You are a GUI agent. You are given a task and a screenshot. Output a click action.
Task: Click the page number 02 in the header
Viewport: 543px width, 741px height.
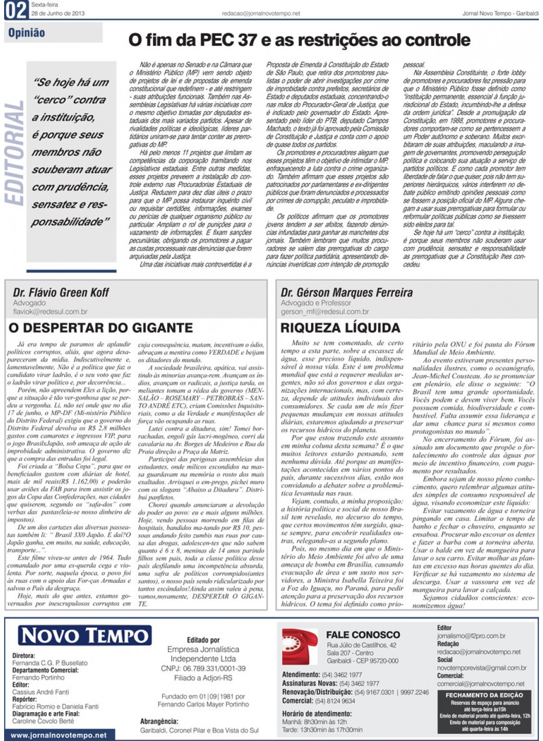coord(15,10)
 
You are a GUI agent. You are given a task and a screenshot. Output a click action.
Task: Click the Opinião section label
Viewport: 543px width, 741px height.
coord(27,33)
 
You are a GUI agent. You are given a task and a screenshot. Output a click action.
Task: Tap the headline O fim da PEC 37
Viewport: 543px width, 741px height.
coord(299,40)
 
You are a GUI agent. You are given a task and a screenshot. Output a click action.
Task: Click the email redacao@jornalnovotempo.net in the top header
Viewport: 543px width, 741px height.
coord(261,14)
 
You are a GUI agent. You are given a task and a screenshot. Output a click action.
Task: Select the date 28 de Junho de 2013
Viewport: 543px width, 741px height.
coord(58,13)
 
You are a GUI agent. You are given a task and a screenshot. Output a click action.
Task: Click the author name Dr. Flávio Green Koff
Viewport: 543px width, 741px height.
coord(61,292)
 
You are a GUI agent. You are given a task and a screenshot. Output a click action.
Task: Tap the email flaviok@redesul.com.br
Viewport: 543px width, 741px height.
coord(50,311)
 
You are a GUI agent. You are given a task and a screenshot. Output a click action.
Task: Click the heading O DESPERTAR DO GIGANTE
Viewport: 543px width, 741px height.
coord(101,328)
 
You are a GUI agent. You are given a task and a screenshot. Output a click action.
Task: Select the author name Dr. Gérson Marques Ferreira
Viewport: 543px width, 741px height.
coord(346,292)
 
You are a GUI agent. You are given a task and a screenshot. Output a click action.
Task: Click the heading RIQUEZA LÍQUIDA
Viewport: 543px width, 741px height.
coord(340,328)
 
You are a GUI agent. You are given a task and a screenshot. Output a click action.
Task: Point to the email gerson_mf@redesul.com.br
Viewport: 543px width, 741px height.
coord(324,311)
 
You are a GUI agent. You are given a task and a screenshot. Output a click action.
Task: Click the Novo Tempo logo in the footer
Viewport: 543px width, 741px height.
coord(85,636)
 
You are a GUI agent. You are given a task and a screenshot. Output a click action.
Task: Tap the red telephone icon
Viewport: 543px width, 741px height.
coord(300,646)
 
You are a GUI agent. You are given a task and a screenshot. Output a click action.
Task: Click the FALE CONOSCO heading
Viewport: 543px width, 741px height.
coord(363,635)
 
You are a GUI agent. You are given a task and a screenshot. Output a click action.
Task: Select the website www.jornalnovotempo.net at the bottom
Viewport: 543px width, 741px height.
coord(59,735)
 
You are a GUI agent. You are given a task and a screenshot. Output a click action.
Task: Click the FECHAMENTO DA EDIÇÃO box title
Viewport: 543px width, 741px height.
coord(484,695)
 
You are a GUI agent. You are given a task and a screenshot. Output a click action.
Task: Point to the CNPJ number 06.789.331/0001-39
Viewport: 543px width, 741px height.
coord(203,668)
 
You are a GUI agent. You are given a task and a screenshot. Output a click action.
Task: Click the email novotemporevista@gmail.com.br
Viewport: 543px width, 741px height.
coord(481,668)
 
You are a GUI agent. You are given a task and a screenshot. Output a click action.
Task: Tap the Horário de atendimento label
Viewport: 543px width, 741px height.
coord(317,713)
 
